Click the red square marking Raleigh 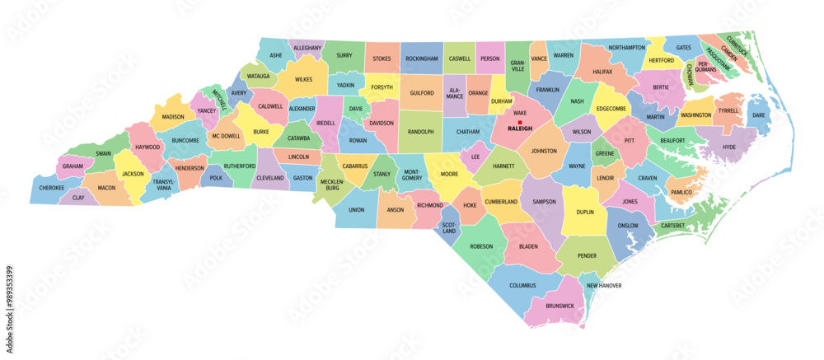point(520,122)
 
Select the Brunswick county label point(559,305)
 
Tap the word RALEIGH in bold point(520,129)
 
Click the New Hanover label point(604,286)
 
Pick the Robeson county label point(481,246)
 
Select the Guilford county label point(421,94)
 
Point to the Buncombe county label point(185,141)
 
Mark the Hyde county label point(728,147)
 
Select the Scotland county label point(449,227)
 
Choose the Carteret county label point(673,224)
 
